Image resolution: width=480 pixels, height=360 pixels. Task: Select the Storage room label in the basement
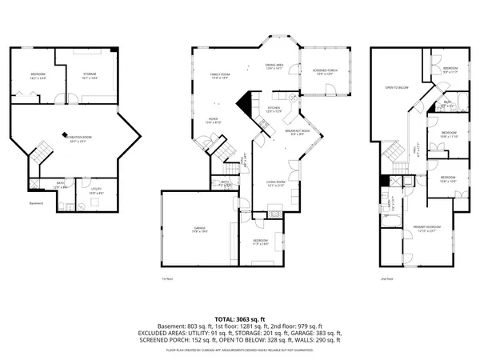tap(90, 77)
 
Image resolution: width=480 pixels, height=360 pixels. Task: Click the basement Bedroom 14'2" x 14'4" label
tap(38, 77)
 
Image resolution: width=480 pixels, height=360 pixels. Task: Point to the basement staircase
tap(40, 151)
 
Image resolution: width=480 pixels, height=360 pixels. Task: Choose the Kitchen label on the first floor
tap(274, 110)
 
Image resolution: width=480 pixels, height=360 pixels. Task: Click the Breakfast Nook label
tap(297, 133)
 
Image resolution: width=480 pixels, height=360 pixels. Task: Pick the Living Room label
tap(276, 183)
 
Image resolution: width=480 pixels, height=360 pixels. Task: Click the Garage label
tap(200, 230)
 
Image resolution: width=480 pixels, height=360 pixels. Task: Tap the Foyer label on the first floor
tap(214, 121)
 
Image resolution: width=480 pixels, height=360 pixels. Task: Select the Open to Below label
tap(398, 87)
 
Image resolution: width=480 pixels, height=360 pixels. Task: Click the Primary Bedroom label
tap(427, 229)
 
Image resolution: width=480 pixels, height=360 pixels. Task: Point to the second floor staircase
tap(392, 150)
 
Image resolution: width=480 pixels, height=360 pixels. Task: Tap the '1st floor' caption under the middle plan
tap(167, 279)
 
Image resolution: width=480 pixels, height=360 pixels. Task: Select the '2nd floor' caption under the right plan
tap(387, 279)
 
